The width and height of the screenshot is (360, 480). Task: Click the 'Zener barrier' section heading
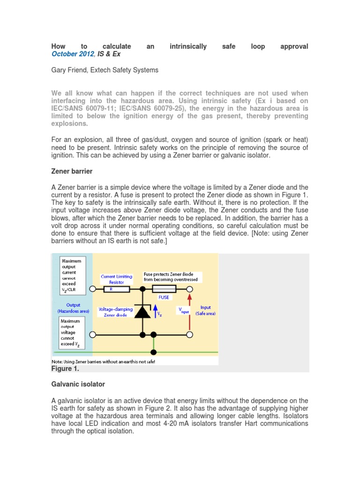tap(72, 172)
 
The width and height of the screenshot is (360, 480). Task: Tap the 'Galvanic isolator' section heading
tap(78, 384)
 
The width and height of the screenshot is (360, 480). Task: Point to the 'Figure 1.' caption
tap(66, 368)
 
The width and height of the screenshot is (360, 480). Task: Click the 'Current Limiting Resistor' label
tap(117, 279)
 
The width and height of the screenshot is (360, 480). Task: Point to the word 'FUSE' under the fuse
tap(164, 297)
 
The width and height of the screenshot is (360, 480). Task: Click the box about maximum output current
tap(72, 275)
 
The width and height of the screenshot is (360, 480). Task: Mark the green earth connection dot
tap(154, 352)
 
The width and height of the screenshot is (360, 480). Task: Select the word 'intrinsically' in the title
tap(188, 46)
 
